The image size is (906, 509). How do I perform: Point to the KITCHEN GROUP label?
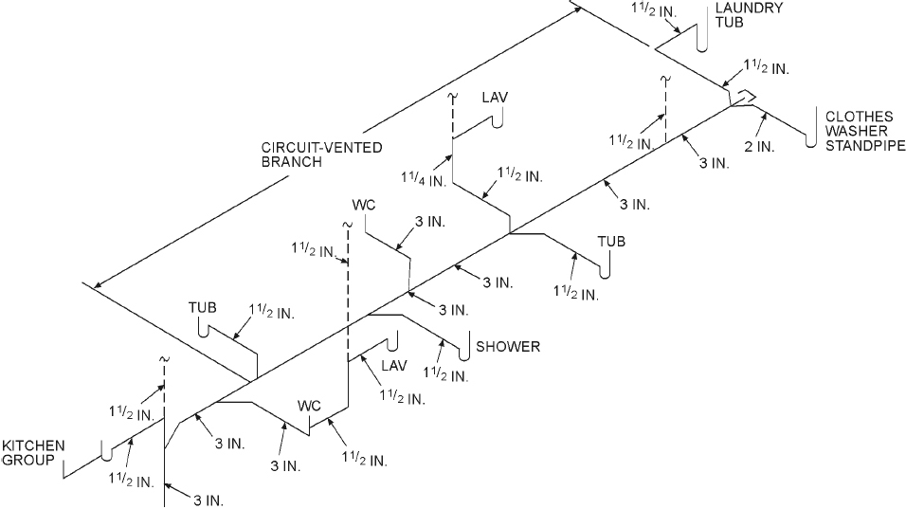pos(32,453)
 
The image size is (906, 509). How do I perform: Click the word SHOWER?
pos(508,346)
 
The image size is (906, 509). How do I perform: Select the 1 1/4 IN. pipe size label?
pos(423,178)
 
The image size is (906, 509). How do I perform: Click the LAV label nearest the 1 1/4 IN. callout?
pos(495,98)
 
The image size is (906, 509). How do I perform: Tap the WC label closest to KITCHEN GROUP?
pos(310,406)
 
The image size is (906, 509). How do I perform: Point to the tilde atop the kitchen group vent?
pos(164,359)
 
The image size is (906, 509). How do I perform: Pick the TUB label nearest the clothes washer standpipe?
pos(611,241)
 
